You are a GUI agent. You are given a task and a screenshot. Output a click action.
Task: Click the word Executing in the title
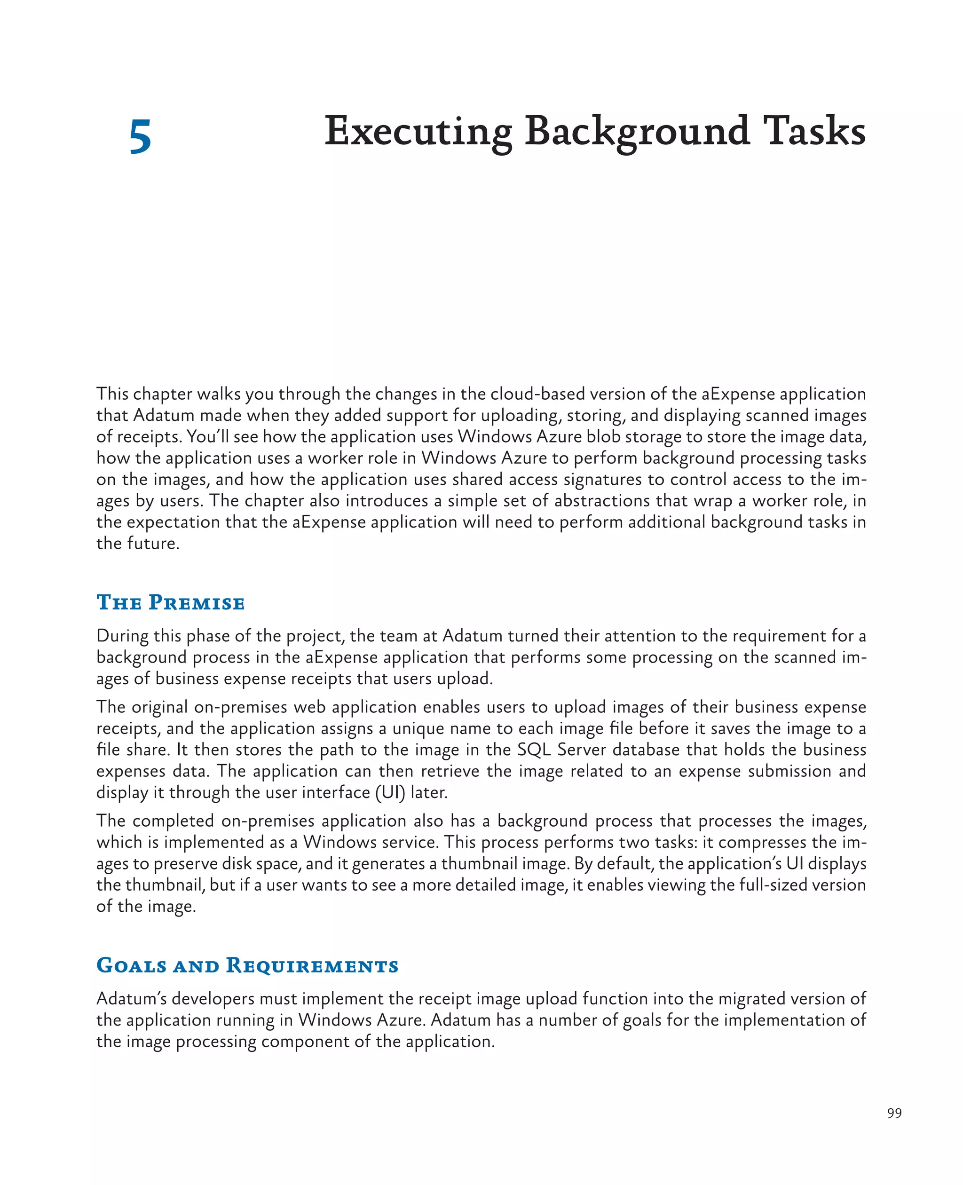click(418, 132)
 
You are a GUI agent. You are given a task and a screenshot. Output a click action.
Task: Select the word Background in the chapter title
click(637, 132)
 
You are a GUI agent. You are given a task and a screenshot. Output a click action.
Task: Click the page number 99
click(894, 1114)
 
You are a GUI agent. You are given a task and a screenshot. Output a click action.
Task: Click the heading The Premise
click(170, 602)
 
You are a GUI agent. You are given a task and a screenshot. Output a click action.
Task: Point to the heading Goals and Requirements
click(247, 965)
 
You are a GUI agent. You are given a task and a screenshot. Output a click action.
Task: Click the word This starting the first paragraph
click(112, 394)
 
